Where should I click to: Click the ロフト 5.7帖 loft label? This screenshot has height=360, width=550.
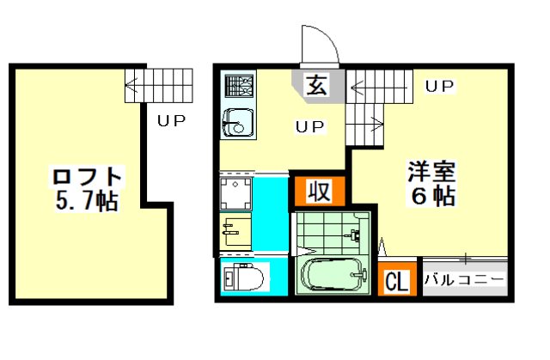86,189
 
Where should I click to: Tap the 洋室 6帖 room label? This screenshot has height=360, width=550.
432,183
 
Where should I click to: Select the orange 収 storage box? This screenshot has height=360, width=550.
320,191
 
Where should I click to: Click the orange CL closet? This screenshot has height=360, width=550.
397,279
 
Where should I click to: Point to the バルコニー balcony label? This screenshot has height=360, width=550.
464,280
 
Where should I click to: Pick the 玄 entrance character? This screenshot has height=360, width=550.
317,84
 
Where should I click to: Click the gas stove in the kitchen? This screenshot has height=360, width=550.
239,86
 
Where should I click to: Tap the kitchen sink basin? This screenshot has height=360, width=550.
239,122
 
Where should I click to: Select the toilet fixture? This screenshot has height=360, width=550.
244,277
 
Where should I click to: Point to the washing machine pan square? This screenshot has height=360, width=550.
235,193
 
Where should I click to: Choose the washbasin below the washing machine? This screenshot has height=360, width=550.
235,229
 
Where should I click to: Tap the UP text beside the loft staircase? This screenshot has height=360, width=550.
171,121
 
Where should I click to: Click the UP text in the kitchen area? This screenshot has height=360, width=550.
310,126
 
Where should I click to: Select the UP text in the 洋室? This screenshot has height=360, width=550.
439,86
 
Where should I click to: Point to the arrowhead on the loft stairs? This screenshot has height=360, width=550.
131,85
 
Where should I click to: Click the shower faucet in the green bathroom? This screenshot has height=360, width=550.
354,235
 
